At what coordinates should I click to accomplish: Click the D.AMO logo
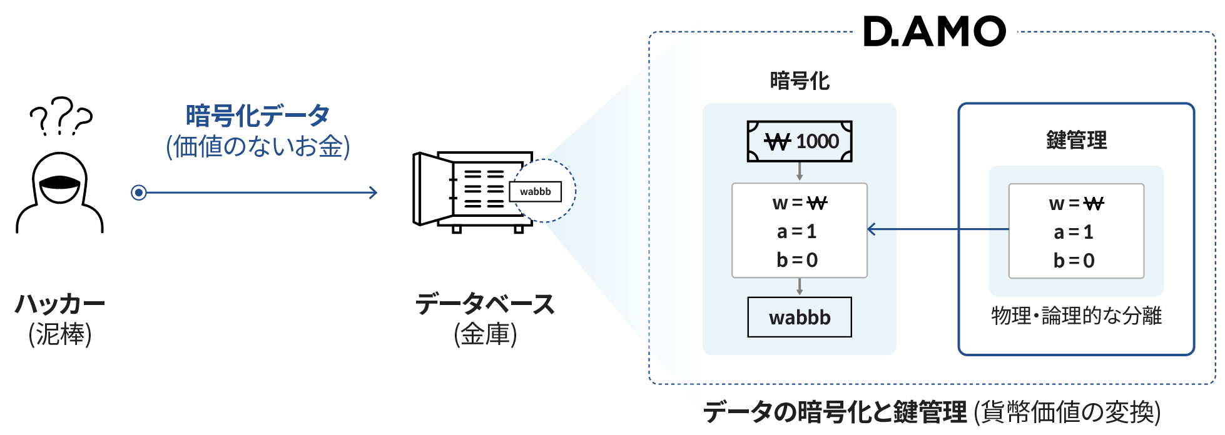click(x=935, y=31)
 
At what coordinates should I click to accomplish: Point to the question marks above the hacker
click(x=61, y=116)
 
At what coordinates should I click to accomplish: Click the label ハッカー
click(x=60, y=304)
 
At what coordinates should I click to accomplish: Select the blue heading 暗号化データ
click(x=258, y=116)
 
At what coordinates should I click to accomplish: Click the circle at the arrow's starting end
click(x=139, y=192)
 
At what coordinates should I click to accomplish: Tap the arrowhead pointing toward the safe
click(x=373, y=192)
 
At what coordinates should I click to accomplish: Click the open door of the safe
click(x=432, y=189)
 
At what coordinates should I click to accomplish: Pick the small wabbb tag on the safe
click(x=536, y=191)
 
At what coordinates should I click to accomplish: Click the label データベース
click(x=485, y=304)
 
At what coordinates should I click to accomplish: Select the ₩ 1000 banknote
click(x=800, y=141)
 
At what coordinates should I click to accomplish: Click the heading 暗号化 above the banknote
click(x=800, y=81)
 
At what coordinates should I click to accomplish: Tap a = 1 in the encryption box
click(x=797, y=232)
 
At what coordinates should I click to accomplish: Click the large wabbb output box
click(x=800, y=317)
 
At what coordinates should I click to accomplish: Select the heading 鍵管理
click(x=1077, y=140)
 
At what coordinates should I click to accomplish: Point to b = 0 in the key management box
click(x=1074, y=260)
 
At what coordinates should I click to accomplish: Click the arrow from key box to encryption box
click(x=938, y=229)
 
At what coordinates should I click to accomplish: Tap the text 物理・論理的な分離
click(x=1077, y=316)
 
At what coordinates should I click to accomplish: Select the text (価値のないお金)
click(x=258, y=146)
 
